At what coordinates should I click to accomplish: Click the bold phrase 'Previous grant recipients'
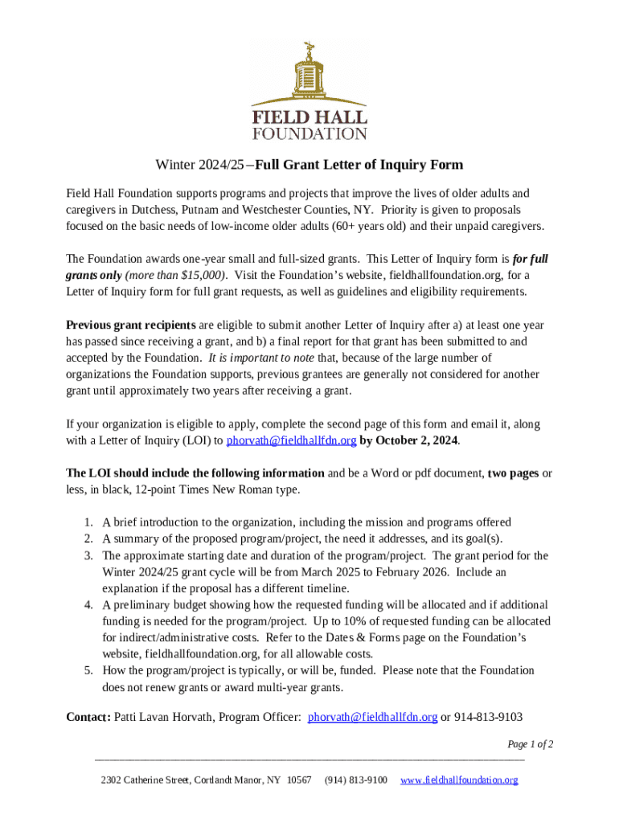coord(130,325)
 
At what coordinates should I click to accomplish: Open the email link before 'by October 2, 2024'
coord(291,440)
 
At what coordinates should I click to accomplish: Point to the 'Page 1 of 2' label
coord(530,743)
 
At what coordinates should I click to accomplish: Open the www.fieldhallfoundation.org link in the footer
coord(458,780)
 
